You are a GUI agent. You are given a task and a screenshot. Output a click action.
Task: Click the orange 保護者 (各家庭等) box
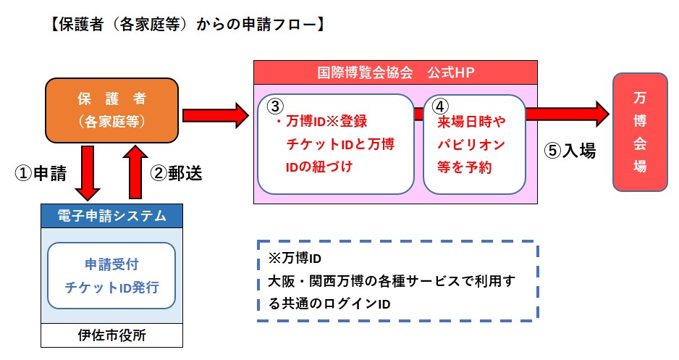111,111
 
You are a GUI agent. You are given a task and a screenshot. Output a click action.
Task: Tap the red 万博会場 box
640,132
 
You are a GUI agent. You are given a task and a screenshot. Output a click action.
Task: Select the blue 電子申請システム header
111,216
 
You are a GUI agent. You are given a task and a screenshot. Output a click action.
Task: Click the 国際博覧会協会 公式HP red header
395,72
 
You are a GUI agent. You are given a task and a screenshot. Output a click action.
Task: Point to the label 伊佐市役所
111,335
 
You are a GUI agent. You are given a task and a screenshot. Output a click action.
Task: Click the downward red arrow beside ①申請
88,173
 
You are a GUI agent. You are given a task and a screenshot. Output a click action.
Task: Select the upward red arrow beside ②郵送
135,172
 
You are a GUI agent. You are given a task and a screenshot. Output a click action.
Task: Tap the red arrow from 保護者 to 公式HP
216,116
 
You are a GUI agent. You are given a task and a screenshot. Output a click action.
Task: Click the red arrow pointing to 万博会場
568,114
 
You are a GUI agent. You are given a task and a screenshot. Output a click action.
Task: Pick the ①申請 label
41,174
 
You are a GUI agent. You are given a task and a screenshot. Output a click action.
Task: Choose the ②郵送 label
176,173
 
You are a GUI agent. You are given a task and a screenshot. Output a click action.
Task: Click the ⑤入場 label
570,151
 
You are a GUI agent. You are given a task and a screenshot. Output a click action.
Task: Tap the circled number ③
275,106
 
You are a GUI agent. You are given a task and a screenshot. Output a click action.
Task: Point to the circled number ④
440,106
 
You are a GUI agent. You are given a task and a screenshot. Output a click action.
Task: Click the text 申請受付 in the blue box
111,264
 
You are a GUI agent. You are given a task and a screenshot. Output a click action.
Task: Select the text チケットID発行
111,288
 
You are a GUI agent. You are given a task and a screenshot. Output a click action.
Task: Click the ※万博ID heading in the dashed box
295,259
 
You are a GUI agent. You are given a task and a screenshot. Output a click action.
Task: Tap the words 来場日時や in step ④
471,122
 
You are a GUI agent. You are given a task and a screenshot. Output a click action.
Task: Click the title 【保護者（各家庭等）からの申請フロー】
187,24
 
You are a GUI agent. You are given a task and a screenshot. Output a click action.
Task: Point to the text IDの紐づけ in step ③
319,167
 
